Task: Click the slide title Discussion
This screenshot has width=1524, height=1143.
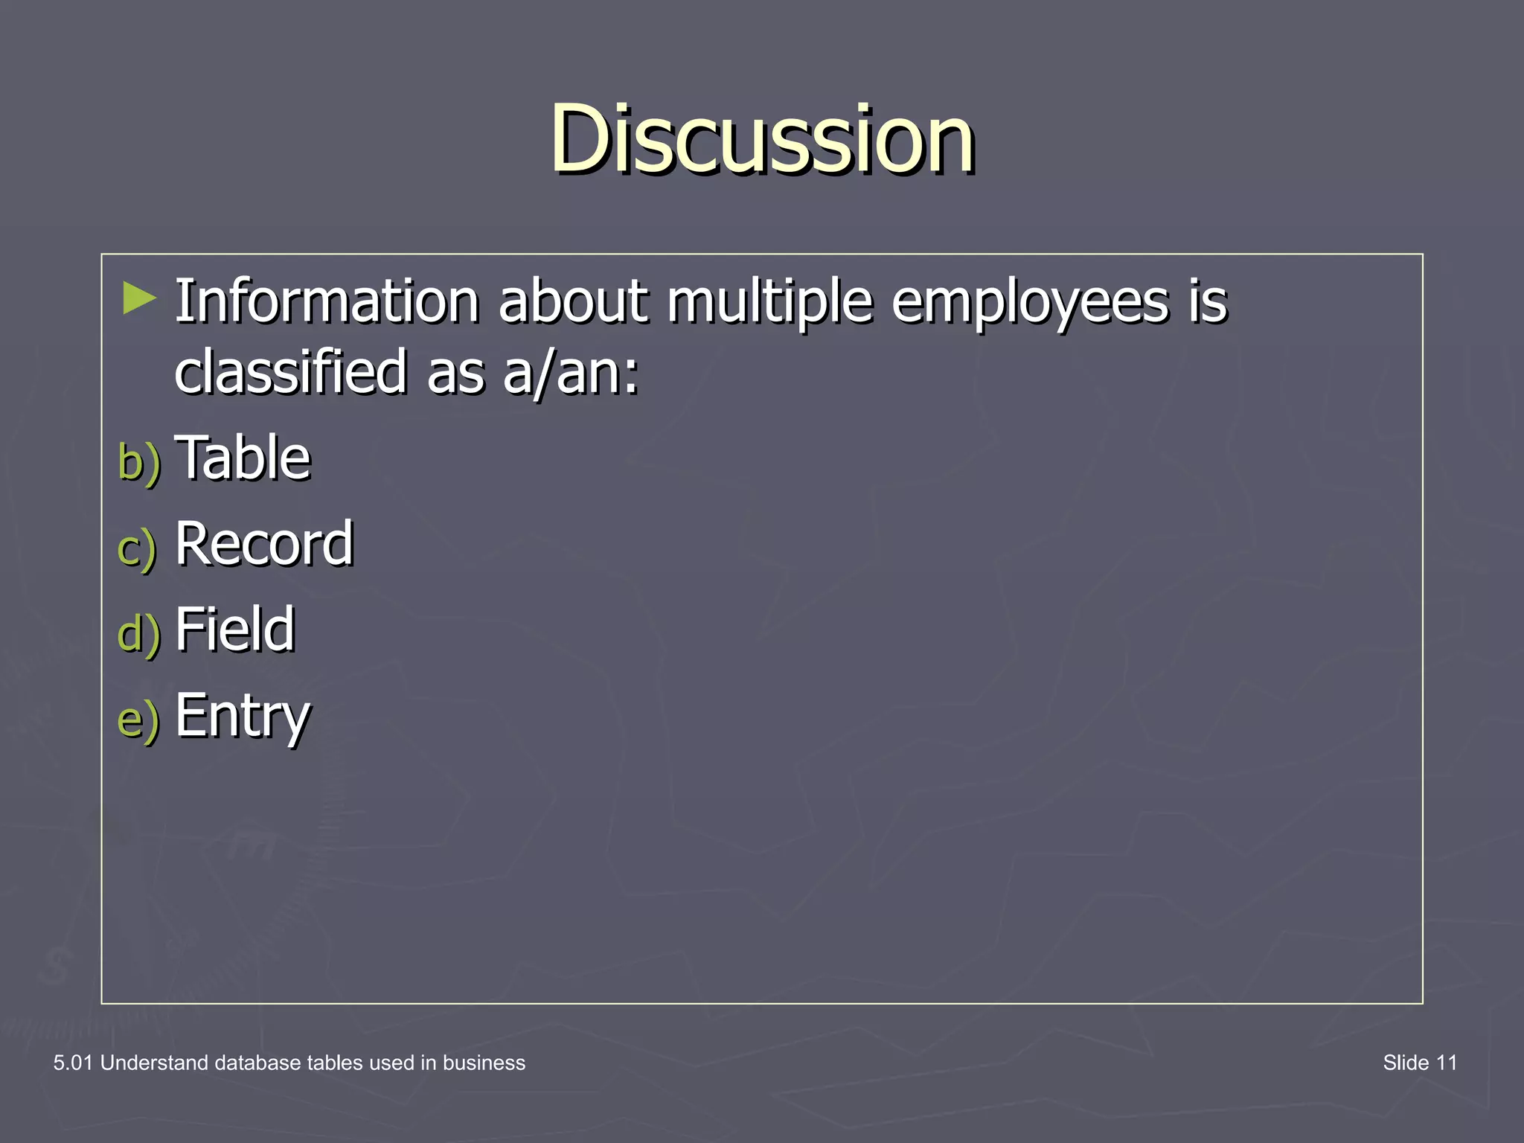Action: pos(762,139)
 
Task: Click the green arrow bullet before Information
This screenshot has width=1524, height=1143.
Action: pos(139,298)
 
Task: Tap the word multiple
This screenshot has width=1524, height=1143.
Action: pos(769,304)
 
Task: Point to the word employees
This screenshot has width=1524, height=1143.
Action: pos(1030,304)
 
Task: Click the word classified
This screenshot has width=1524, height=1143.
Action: pos(290,371)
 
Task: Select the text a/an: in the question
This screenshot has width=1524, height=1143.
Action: pos(570,373)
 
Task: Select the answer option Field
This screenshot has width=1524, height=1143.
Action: pos(235,629)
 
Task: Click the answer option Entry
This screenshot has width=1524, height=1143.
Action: pos(243,716)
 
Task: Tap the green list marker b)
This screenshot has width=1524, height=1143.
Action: pos(139,461)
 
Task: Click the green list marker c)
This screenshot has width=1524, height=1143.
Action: pos(137,548)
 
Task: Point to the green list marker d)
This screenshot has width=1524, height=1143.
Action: pos(139,633)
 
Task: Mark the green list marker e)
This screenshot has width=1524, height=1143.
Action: pos(138,720)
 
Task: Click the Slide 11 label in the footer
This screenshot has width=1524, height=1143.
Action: pos(1419,1063)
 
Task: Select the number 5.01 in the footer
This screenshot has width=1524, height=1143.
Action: pos(73,1063)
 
